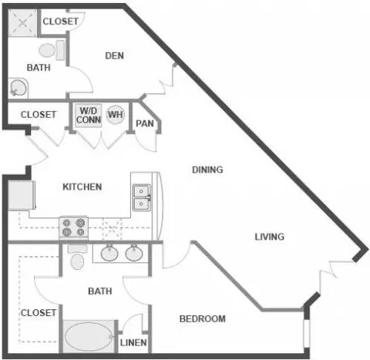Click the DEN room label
(x=114, y=56)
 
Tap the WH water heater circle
(x=116, y=115)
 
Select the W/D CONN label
(x=89, y=116)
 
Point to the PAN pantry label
(x=145, y=123)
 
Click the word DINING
(x=207, y=170)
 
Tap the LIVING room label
(x=270, y=237)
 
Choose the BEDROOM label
(x=203, y=319)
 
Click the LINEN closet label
(x=133, y=342)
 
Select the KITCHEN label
(x=82, y=187)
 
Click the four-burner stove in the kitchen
(x=74, y=227)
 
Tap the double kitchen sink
(x=142, y=197)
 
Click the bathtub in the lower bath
(x=89, y=337)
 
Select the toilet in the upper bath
(x=52, y=50)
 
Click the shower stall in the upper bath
(x=22, y=23)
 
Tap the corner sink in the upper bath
(x=18, y=88)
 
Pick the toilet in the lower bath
(x=77, y=257)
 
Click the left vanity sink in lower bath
(x=109, y=253)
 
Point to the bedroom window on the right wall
(x=306, y=334)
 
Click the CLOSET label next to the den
(x=60, y=22)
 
